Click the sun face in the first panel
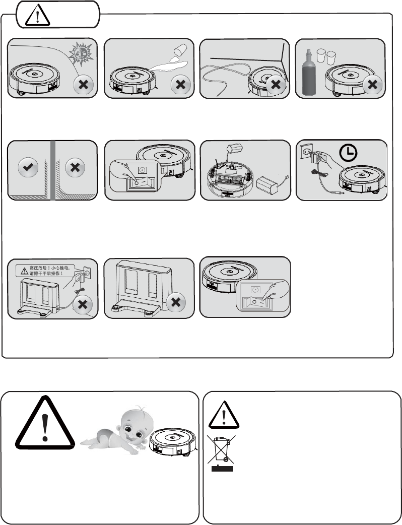tap(80, 52)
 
